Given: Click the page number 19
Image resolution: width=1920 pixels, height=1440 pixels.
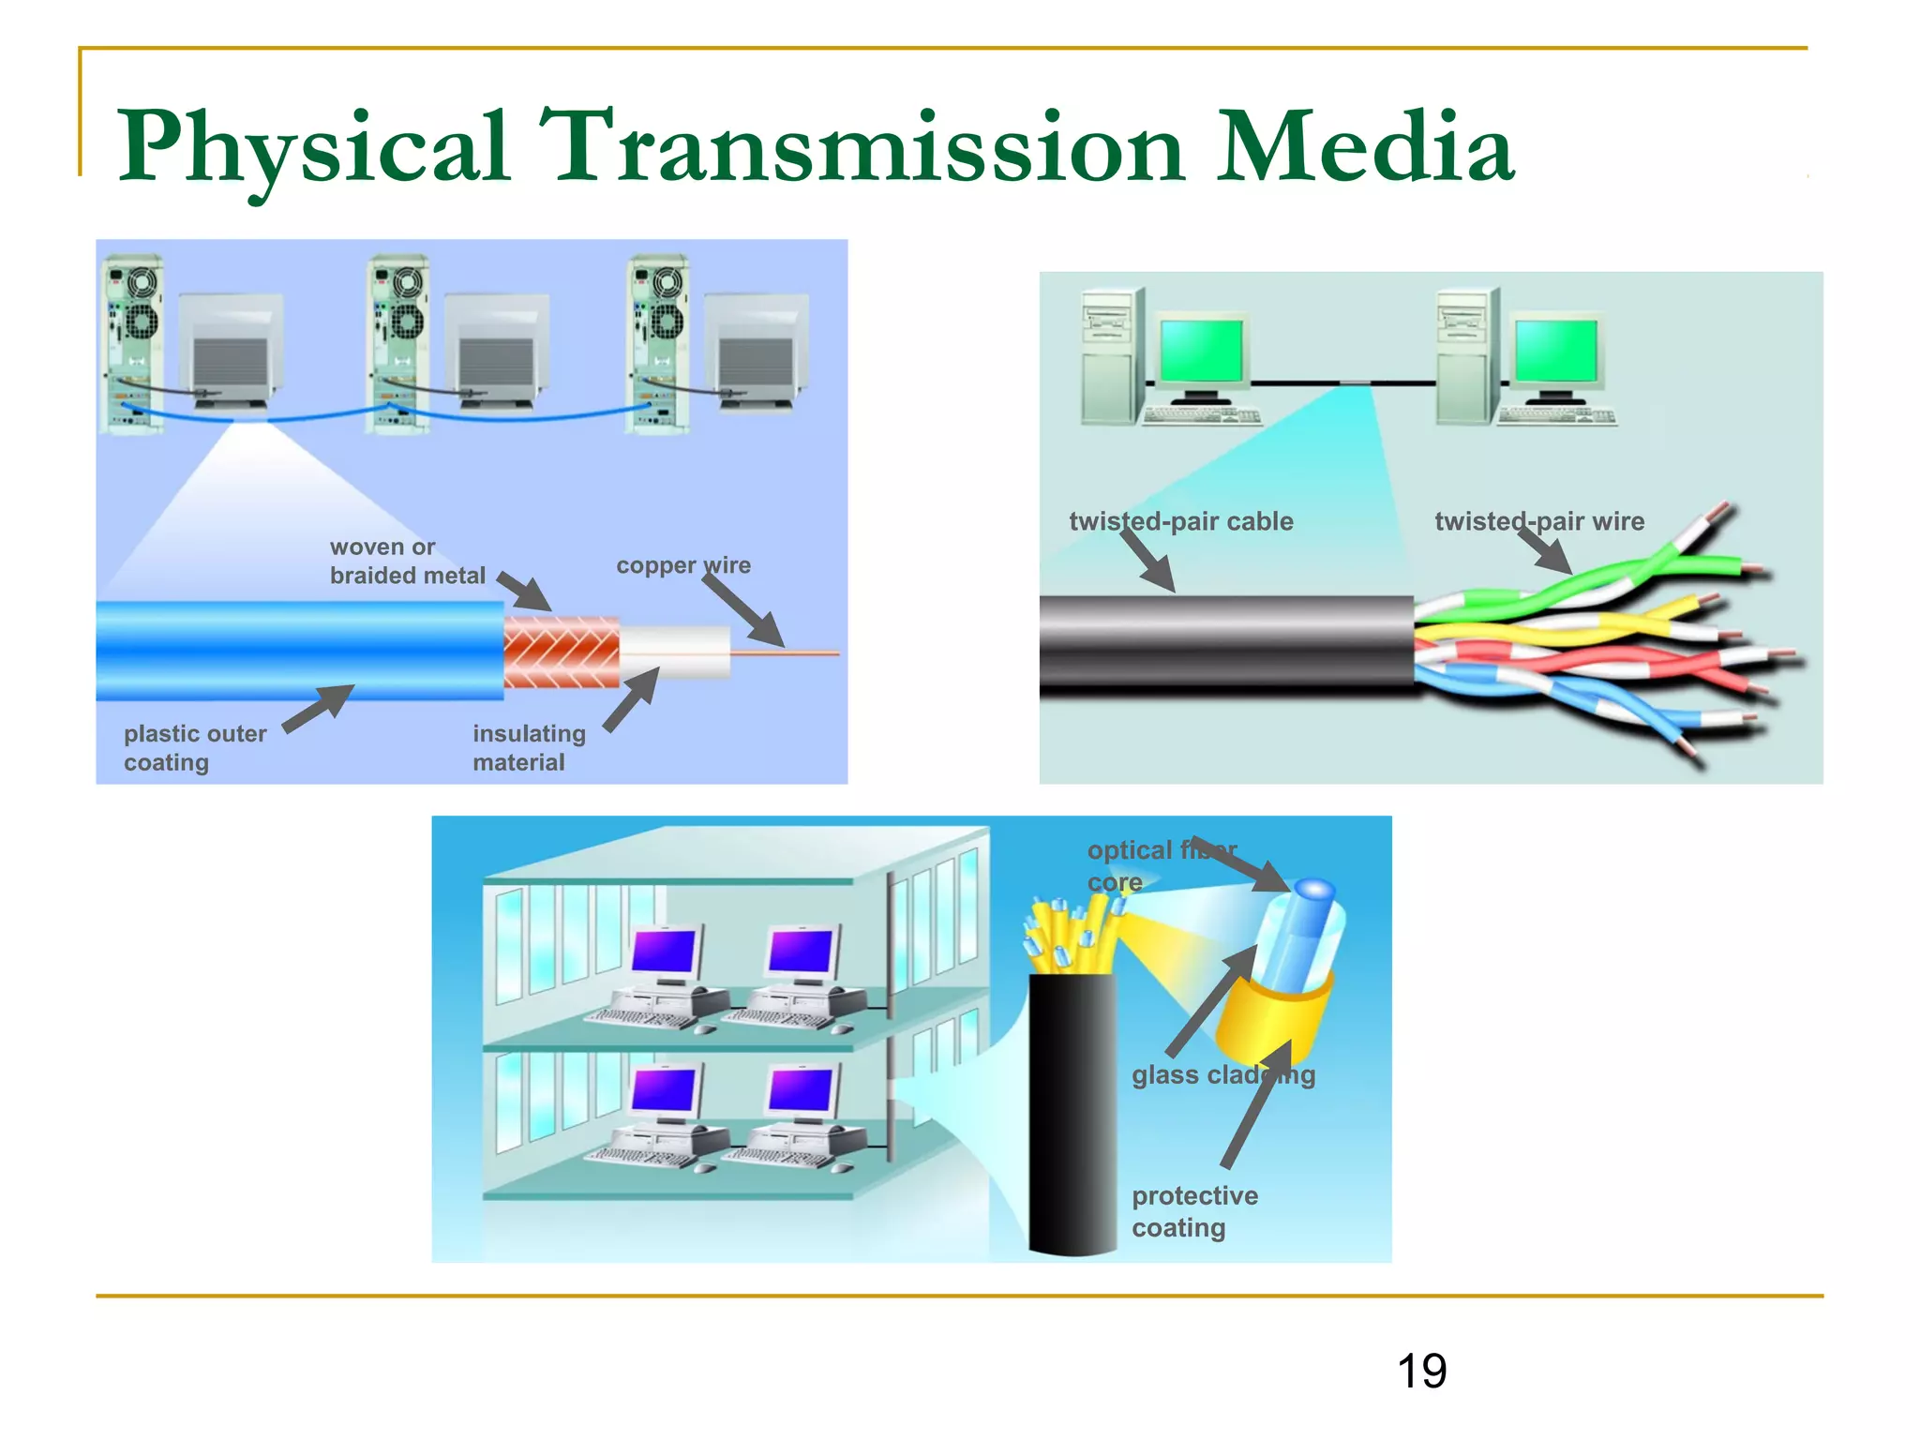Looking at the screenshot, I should tap(1421, 1372).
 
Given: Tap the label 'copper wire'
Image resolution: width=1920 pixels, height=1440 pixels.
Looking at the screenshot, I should tap(682, 565).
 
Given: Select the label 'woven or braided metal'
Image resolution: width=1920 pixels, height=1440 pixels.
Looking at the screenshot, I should tap(407, 561).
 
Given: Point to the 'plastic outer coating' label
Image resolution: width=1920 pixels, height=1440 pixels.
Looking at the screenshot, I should tap(194, 747).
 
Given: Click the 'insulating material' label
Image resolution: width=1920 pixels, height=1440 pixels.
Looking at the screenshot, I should tap(528, 747).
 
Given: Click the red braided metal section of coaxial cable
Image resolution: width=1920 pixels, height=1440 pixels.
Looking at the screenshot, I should tap(561, 652).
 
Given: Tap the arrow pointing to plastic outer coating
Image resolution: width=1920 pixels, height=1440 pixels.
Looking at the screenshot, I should tap(318, 709).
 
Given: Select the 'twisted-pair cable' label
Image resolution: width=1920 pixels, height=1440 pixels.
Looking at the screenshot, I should tap(1180, 521).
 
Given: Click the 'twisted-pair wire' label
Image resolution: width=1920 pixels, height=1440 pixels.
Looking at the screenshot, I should tap(1538, 521).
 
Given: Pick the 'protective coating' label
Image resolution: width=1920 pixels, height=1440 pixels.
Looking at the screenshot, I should tap(1193, 1211).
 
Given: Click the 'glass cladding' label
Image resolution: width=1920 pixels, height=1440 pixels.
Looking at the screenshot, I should tap(1222, 1074).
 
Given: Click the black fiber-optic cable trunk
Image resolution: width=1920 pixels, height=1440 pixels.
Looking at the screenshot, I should tap(1072, 1116).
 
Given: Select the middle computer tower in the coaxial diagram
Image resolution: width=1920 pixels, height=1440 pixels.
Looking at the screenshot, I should tap(398, 343).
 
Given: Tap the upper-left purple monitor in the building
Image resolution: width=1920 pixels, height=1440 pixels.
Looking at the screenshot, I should tap(665, 951).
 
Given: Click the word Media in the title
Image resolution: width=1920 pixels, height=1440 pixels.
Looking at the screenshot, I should tap(1364, 147).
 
